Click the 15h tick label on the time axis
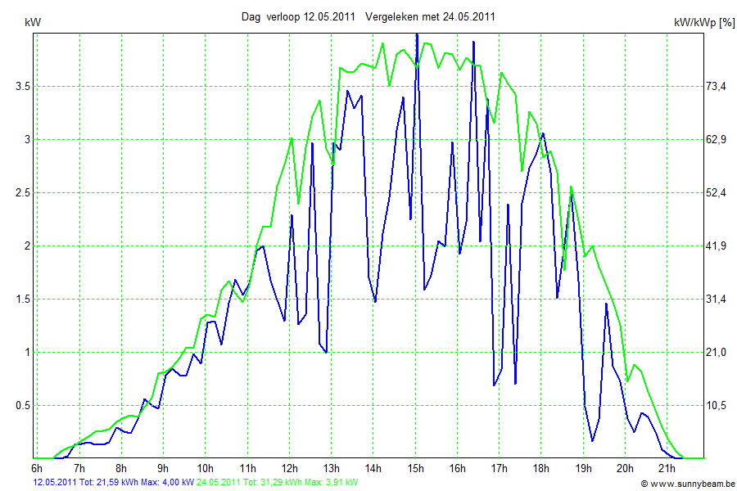tap(415, 468)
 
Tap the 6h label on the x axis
tap(37, 468)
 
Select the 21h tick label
tap(667, 468)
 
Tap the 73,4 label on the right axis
tap(717, 86)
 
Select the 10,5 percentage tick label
tap(717, 405)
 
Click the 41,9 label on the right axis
tap(717, 245)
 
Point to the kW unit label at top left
tap(34, 22)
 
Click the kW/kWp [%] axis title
tap(703, 23)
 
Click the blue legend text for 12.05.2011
tap(113, 483)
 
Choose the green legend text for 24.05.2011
tap(277, 483)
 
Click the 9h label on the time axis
tap(163, 468)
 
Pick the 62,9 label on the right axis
tap(717, 139)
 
